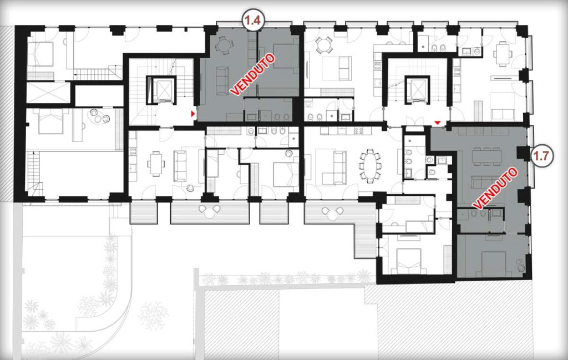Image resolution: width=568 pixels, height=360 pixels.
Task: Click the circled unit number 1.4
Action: (x=253, y=20)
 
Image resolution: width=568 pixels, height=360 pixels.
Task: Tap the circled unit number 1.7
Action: (x=543, y=156)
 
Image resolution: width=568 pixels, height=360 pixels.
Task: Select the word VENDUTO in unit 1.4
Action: (x=253, y=75)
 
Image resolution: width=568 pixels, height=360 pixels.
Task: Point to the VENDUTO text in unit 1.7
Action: (x=495, y=188)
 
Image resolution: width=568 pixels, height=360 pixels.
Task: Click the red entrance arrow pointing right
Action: (x=193, y=114)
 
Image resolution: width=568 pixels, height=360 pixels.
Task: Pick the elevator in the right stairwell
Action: (x=417, y=89)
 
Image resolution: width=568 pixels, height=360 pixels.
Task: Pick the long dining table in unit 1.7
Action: (x=487, y=156)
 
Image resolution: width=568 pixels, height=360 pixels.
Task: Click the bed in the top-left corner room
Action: (x=40, y=53)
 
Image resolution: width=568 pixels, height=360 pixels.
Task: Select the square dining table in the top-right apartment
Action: (x=503, y=54)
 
